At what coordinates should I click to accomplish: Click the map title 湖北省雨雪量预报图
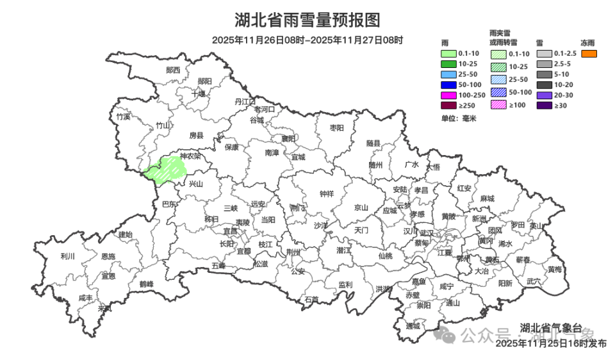(x=307, y=20)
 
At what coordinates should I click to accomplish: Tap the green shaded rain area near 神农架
(x=165, y=169)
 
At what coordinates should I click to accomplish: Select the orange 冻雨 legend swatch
(x=589, y=54)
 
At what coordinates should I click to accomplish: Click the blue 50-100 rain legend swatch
(x=448, y=85)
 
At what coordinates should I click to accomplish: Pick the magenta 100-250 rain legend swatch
(x=448, y=95)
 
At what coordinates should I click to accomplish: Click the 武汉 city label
(x=427, y=232)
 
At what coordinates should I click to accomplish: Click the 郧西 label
(x=173, y=70)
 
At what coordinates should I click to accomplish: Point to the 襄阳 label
(x=289, y=138)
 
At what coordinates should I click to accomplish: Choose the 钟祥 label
(x=327, y=193)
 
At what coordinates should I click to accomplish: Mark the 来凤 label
(x=104, y=308)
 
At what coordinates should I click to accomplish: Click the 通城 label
(x=413, y=325)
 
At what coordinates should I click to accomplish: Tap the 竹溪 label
(x=123, y=117)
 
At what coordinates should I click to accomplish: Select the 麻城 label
(x=488, y=199)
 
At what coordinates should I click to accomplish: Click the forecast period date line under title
(x=307, y=40)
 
